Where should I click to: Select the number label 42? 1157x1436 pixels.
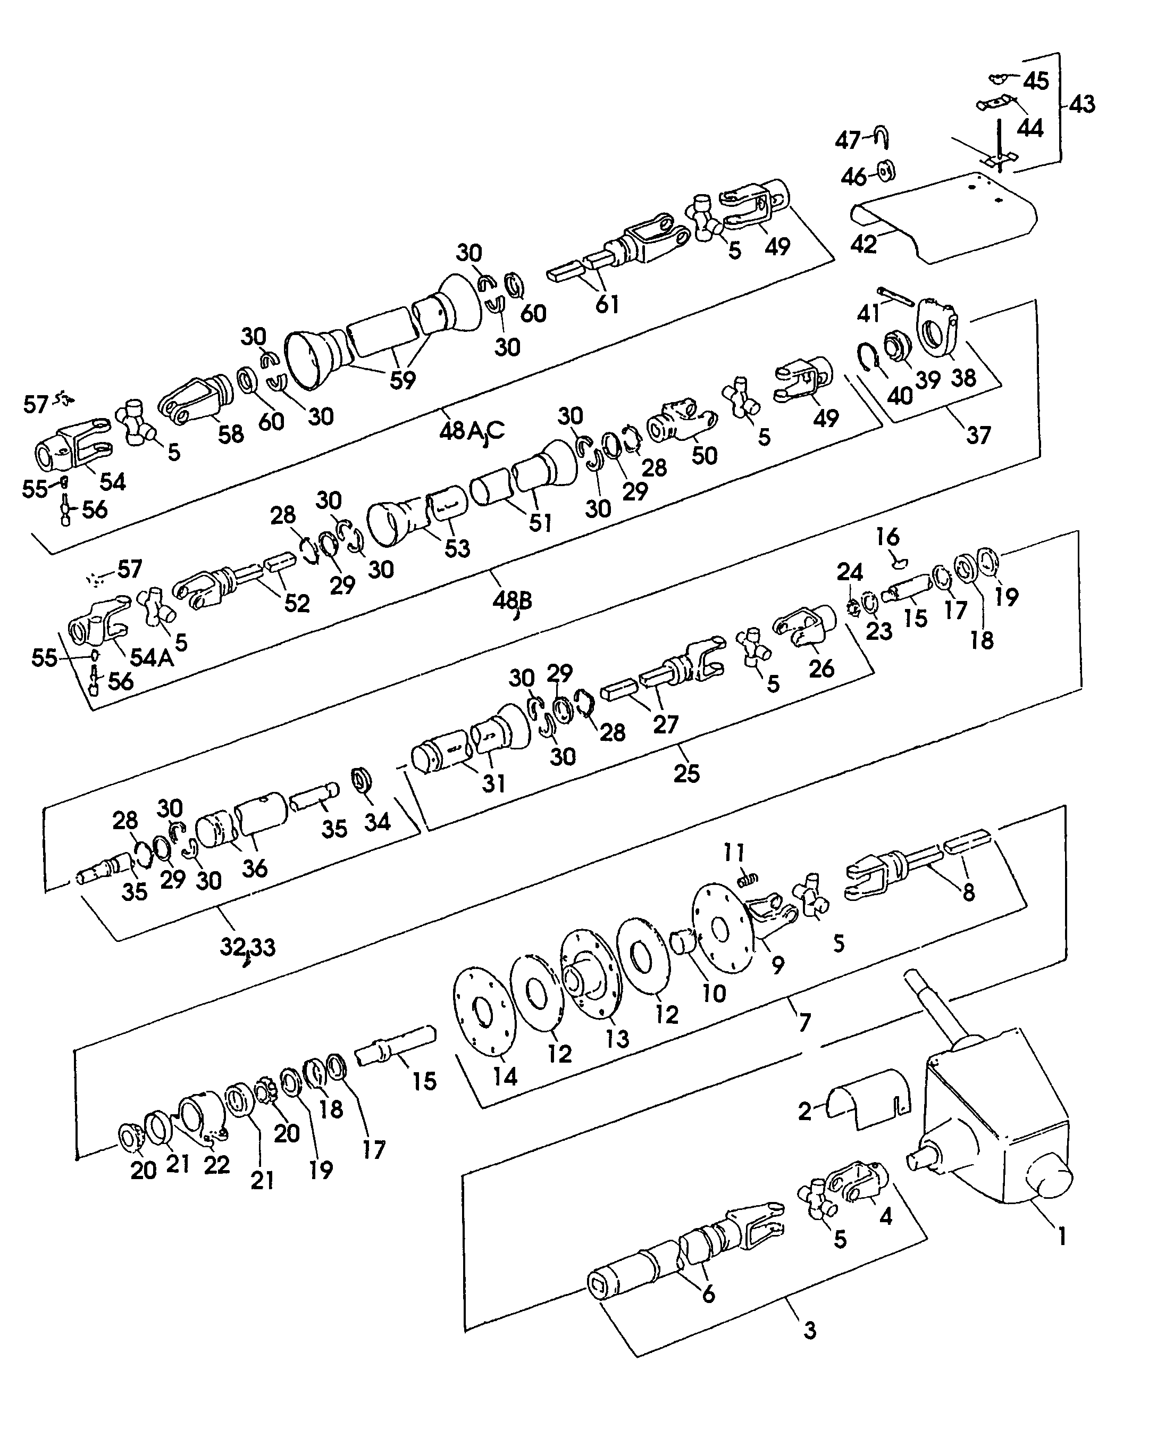[863, 244]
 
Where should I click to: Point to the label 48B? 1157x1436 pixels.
[512, 600]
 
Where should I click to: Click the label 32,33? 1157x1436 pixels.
[247, 947]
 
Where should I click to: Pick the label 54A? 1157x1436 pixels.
[152, 658]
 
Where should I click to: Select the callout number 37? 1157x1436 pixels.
[978, 436]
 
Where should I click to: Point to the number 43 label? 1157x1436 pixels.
[1081, 105]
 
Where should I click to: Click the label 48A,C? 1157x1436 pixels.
[471, 431]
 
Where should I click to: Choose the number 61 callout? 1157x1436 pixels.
[607, 304]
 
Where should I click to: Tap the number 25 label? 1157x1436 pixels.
[686, 773]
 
